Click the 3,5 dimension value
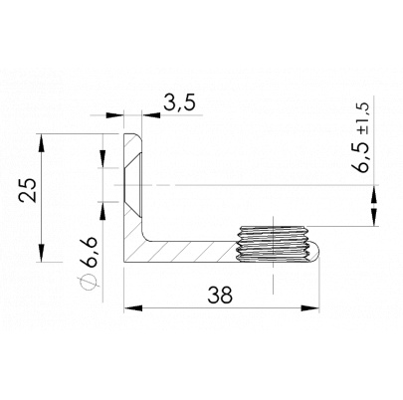point(180,102)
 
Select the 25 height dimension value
point(28,190)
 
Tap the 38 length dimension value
point(220,295)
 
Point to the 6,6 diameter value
point(89,252)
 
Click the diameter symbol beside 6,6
point(88,282)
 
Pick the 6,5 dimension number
point(361,156)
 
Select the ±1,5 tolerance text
point(362,117)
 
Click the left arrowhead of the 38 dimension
point(133,308)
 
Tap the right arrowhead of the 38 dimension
point(309,308)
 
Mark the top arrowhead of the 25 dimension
point(41,142)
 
